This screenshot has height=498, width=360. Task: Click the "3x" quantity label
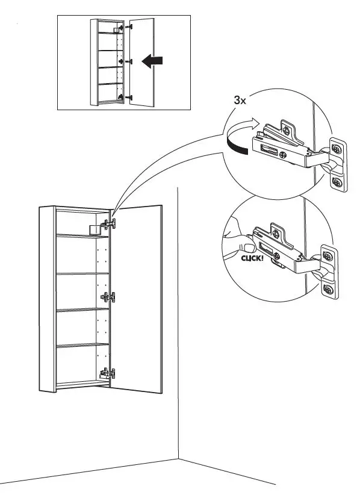pos(240,100)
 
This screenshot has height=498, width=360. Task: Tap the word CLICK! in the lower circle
pos(253,258)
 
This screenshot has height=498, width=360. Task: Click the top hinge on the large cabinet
pos(109,225)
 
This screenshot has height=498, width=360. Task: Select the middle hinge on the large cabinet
pos(108,297)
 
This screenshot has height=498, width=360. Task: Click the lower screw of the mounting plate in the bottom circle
pos(328,291)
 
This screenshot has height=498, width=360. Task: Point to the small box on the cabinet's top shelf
pos(93,229)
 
